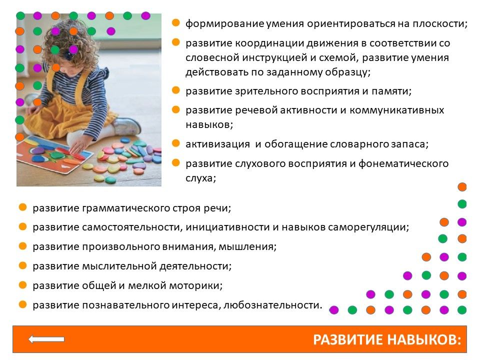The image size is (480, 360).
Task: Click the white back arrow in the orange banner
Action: pos(46,339)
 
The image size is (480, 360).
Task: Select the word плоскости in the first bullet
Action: pos(440,24)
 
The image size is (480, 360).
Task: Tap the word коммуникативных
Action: pos(396,110)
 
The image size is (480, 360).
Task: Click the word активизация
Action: pos(217,144)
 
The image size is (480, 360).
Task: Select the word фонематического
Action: pos(403,164)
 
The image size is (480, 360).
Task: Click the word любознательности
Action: pos(273,305)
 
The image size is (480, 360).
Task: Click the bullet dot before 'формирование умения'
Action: pos(175,22)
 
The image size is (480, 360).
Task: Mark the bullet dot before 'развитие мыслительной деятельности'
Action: pos(22,265)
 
